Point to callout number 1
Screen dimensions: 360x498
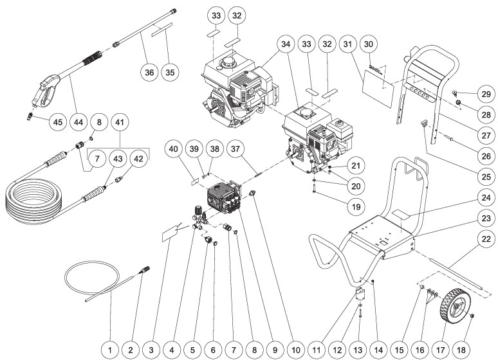(x=110, y=350)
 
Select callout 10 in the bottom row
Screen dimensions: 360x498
(x=295, y=350)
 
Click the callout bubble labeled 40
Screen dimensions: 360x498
(x=174, y=148)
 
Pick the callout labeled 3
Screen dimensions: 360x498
(x=151, y=350)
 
